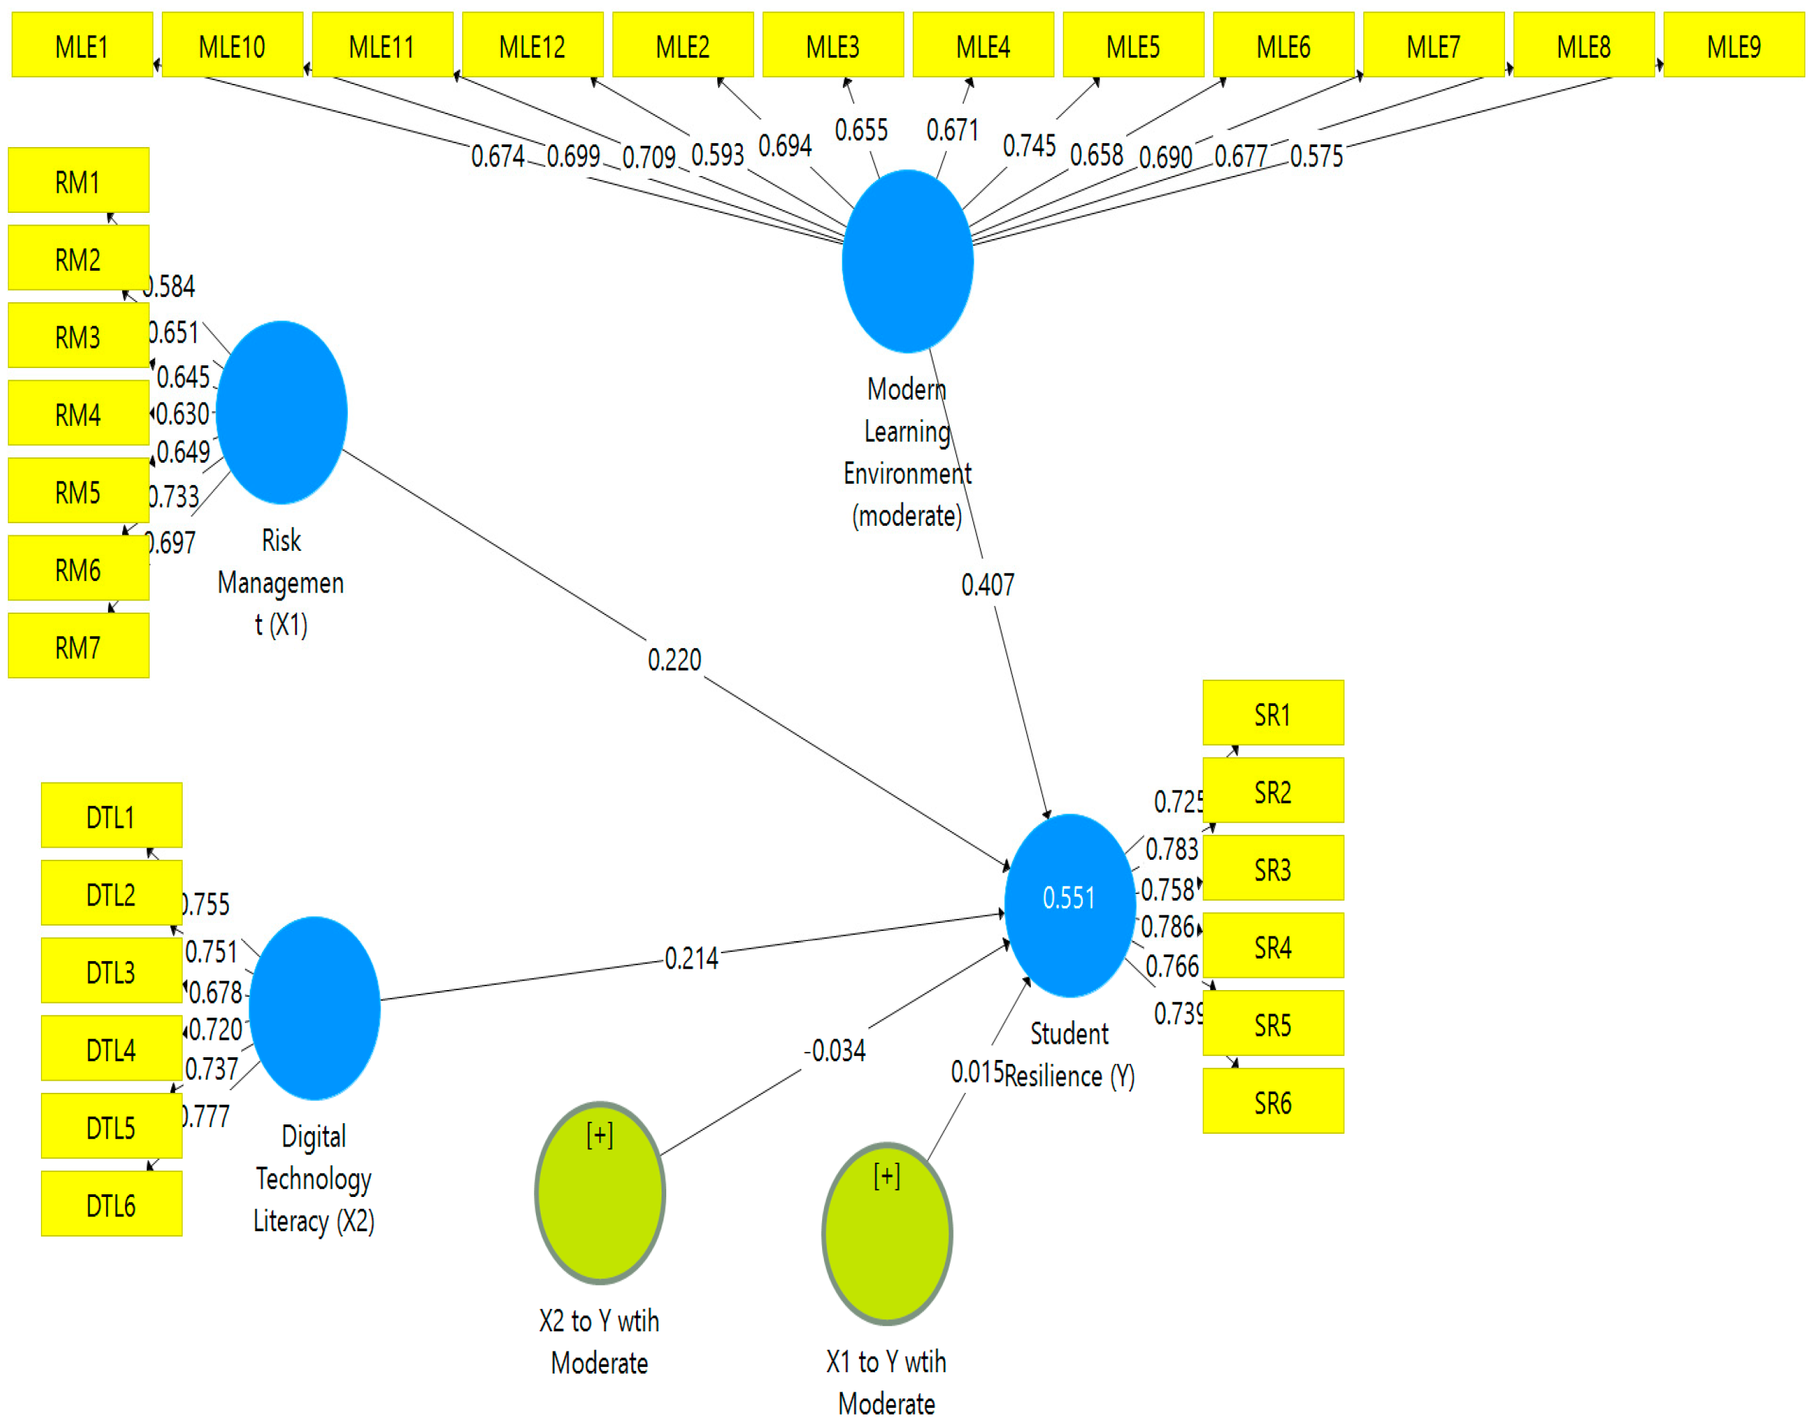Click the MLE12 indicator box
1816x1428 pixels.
pos(532,45)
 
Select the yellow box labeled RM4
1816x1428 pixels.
pos(79,413)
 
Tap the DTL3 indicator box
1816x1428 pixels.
pos(111,971)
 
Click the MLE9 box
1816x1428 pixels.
pos(1733,45)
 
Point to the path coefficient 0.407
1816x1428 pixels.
pos(987,584)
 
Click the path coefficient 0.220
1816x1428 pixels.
pos(674,660)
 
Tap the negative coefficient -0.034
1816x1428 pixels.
pos(834,1050)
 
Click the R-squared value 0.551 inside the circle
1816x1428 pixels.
pos(1068,898)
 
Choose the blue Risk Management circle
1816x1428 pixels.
pos(282,412)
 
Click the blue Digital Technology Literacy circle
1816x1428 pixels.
pos(314,1008)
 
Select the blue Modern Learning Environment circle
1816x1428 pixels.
pos(907,261)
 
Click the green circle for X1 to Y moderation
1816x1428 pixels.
pos(887,1234)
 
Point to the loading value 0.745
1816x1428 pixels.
pos(1030,146)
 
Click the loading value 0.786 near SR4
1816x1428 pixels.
pos(1167,927)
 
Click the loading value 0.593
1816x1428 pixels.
pos(717,154)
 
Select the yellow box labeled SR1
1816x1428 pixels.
pos(1272,713)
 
